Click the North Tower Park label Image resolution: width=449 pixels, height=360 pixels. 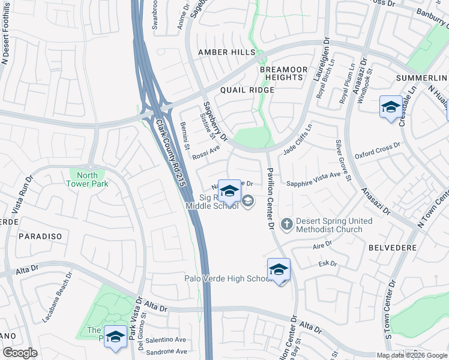click(88, 179)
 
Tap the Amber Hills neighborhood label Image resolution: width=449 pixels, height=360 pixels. click(228, 53)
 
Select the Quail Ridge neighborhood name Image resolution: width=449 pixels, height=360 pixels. click(247, 90)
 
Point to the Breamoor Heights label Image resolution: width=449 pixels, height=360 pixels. click(282, 73)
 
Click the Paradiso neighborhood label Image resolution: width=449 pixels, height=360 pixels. click(40, 236)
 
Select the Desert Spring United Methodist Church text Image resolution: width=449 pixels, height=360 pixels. click(333, 225)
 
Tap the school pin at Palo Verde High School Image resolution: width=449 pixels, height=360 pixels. click(279, 269)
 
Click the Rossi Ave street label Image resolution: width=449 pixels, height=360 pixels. click(206, 154)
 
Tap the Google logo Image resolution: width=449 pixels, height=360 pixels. click(20, 353)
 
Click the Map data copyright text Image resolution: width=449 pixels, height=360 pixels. click(411, 355)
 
